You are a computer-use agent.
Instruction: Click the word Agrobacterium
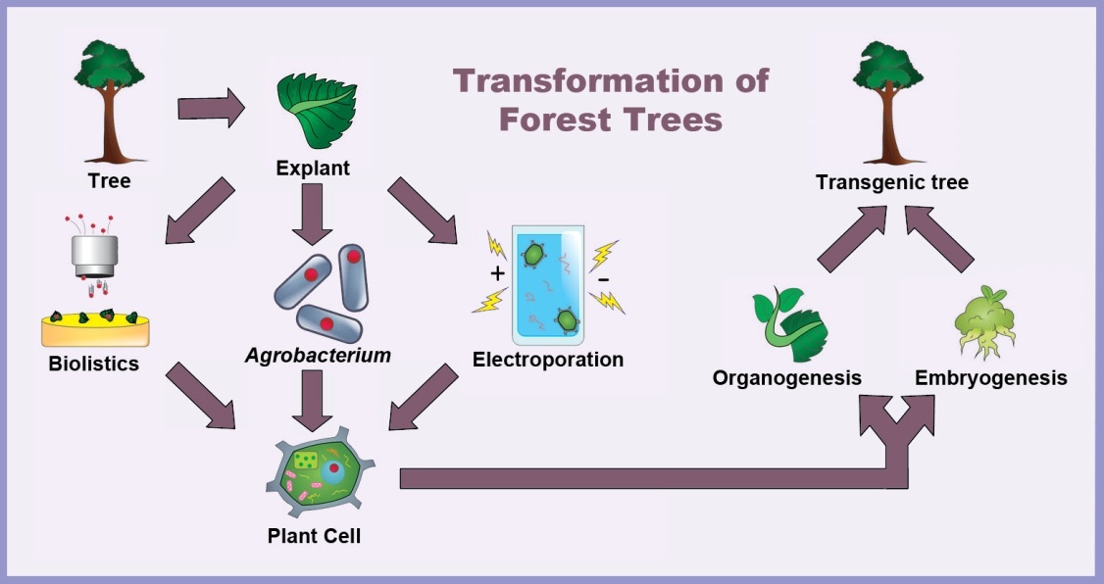[x=318, y=356]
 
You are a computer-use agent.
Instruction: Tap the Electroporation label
[x=548, y=360]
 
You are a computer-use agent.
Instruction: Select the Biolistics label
[x=94, y=364]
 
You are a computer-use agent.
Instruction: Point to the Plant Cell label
[x=314, y=535]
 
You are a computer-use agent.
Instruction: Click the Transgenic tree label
[x=892, y=182]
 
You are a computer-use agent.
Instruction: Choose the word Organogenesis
[x=787, y=378]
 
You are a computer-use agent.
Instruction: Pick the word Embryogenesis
[x=990, y=378]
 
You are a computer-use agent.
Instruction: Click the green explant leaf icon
[x=318, y=111]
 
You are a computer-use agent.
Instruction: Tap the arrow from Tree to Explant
[x=211, y=109]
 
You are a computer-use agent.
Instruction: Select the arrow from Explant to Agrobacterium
[x=312, y=214]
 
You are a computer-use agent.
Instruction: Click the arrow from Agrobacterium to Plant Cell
[x=312, y=401]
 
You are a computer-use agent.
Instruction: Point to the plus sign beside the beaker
[x=498, y=273]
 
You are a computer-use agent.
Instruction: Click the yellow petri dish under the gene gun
[x=95, y=329]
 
